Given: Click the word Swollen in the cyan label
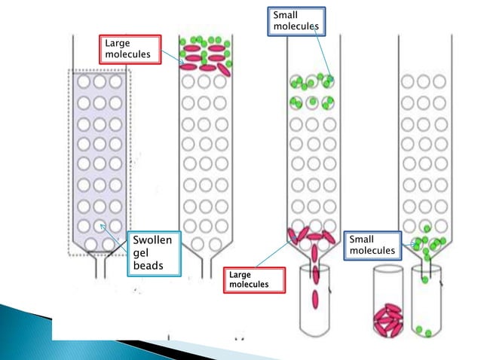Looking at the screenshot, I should point(152,241).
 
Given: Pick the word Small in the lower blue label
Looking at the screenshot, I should point(362,239).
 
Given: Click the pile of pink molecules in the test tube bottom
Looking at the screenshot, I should point(391,319).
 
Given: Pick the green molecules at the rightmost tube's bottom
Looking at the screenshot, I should point(424,331).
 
